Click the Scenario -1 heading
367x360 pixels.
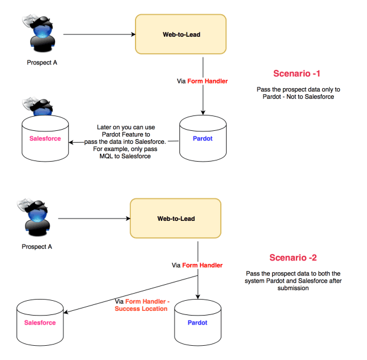pos(297,73)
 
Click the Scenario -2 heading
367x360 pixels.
pos(293,258)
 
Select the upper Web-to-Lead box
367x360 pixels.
pos(181,34)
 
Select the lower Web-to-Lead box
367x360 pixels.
pos(176,218)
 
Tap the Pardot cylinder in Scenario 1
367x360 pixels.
pos(203,138)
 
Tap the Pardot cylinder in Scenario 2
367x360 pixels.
pos(198,322)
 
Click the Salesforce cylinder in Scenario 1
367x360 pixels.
pos(45,138)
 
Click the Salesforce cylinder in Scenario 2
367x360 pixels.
pos(40,322)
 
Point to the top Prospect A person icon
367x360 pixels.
pos(39,33)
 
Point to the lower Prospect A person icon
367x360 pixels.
pos(34,217)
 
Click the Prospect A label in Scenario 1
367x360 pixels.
pos(42,63)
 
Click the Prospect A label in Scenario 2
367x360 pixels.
pos(37,247)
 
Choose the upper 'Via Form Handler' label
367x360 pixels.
pos(202,81)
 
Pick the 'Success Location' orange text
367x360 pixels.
pos(141,308)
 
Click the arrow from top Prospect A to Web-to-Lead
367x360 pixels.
pos(99,34)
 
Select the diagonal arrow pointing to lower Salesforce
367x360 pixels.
pos(131,294)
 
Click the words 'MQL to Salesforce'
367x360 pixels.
pos(125,156)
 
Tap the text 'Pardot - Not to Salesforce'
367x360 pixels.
pos(298,97)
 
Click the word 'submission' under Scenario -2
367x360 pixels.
pos(293,288)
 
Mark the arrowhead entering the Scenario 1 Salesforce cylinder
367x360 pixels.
pos(71,142)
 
